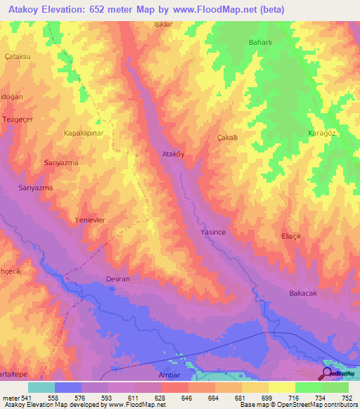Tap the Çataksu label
pos(18,56)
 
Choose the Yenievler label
pos(90,220)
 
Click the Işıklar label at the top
pos(163,24)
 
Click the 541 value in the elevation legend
pos(24,398)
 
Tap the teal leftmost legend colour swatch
pos(41,387)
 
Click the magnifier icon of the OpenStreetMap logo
pos(327,373)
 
